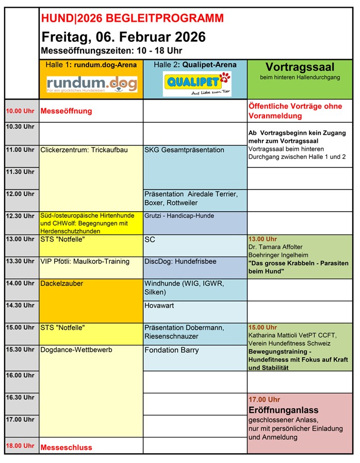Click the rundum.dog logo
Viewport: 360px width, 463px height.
tap(91, 84)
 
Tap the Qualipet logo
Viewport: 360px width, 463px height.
tap(197, 84)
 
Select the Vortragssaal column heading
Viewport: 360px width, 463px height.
tap(300, 67)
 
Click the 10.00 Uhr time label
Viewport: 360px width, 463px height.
tap(20, 111)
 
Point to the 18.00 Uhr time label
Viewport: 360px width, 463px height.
tap(20, 445)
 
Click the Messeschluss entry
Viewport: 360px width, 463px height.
tap(66, 447)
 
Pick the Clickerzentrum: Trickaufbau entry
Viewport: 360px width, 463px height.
tap(84, 150)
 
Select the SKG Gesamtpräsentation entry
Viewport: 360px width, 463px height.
tap(184, 150)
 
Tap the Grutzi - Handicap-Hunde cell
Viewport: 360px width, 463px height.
tap(179, 216)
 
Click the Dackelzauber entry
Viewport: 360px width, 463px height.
tap(62, 283)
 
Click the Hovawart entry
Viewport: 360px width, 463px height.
tap(159, 306)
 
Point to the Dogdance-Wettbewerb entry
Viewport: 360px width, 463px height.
tap(76, 349)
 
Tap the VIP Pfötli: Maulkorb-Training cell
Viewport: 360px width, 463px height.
tap(85, 261)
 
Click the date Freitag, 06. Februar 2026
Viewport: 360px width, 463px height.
tap(123, 37)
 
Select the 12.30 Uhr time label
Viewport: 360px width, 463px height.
tap(20, 216)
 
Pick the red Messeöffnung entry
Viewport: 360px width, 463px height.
tap(66, 111)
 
